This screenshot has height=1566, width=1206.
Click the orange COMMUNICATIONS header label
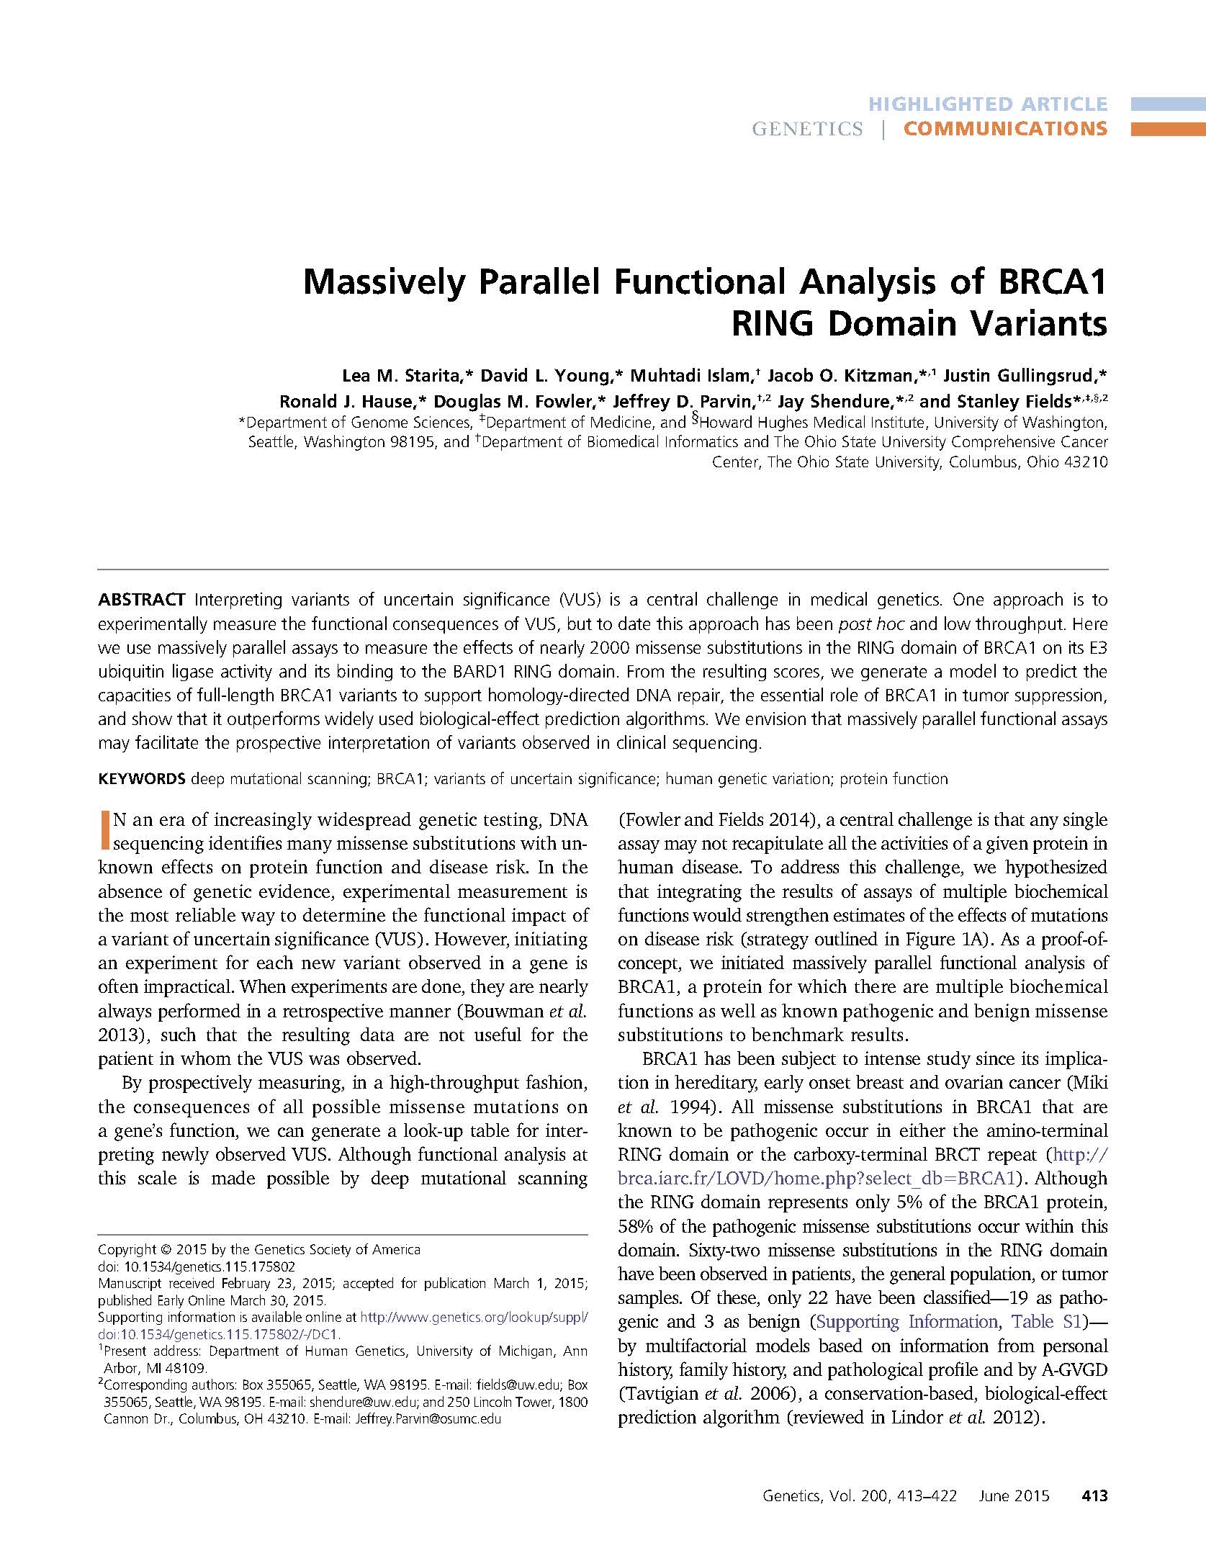tap(1005, 129)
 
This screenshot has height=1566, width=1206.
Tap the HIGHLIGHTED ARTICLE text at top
tap(988, 104)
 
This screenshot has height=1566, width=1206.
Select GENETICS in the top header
tap(807, 129)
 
